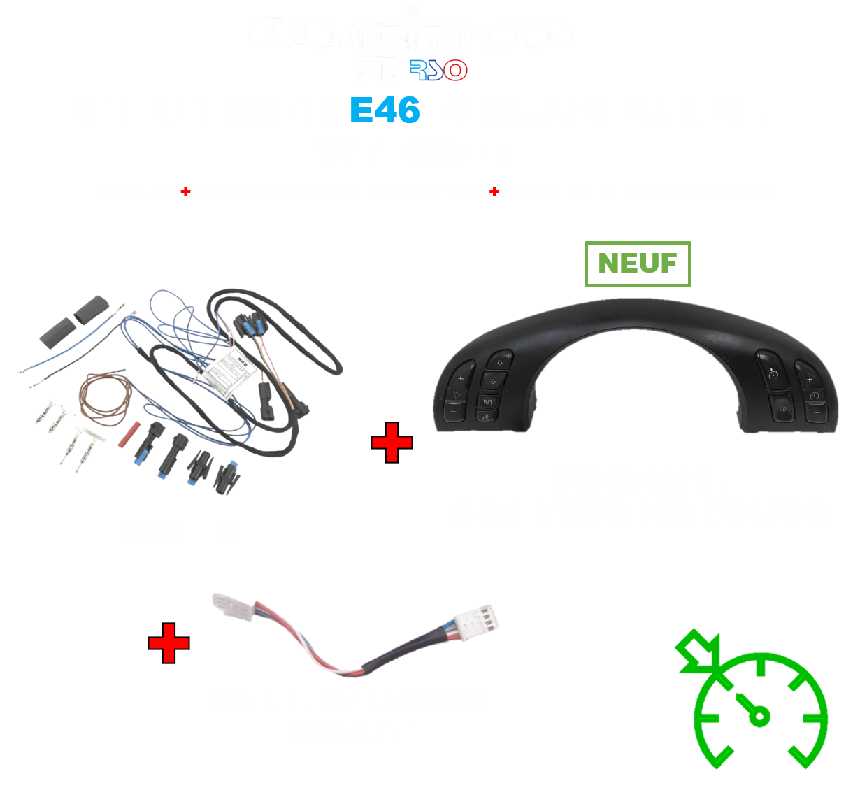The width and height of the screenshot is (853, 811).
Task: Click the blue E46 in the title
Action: pyautogui.click(x=385, y=110)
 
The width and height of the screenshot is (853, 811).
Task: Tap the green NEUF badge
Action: pyautogui.click(x=638, y=264)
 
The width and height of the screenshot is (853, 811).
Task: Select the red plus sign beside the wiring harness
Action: pyautogui.click(x=392, y=443)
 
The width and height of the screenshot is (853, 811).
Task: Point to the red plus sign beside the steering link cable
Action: pyautogui.click(x=169, y=643)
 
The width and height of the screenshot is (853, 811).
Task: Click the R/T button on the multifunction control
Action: pyautogui.click(x=487, y=401)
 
